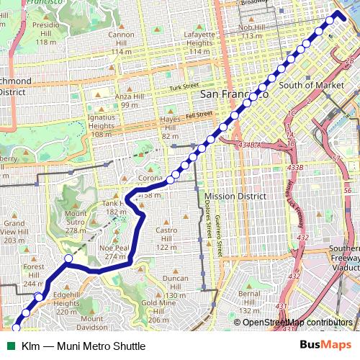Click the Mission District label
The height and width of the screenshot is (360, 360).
(235, 196)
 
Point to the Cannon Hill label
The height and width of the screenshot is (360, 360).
(121, 39)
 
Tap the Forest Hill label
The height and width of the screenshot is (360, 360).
(33, 271)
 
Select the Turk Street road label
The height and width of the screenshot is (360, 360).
(184, 87)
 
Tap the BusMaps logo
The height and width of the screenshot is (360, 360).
(326, 346)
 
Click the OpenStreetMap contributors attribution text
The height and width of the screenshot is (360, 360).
(297, 322)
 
